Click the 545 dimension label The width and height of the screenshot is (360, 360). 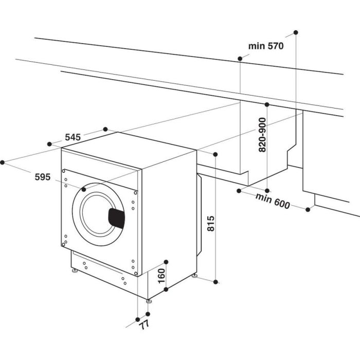click(73, 137)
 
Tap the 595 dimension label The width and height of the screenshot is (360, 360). click(42, 177)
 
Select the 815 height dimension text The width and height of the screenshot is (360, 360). click(210, 225)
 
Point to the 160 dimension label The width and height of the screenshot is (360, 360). click(160, 276)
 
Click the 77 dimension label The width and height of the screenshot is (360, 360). click(143, 326)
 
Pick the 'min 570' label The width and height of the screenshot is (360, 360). click(266, 46)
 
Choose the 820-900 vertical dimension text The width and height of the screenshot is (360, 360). click(262, 135)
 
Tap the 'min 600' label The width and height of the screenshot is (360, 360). click(274, 202)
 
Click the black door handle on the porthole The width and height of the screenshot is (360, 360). click(117, 218)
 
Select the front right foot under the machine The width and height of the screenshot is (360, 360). click(148, 300)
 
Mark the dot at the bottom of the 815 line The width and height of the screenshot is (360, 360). click(216, 282)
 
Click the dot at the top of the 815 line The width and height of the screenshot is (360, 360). click(215, 154)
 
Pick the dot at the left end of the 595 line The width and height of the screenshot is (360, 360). click(3, 162)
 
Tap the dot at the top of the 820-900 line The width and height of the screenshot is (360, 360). click(267, 104)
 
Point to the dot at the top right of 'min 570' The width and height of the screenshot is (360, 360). click(296, 32)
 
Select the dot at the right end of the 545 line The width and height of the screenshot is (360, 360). click(105, 129)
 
